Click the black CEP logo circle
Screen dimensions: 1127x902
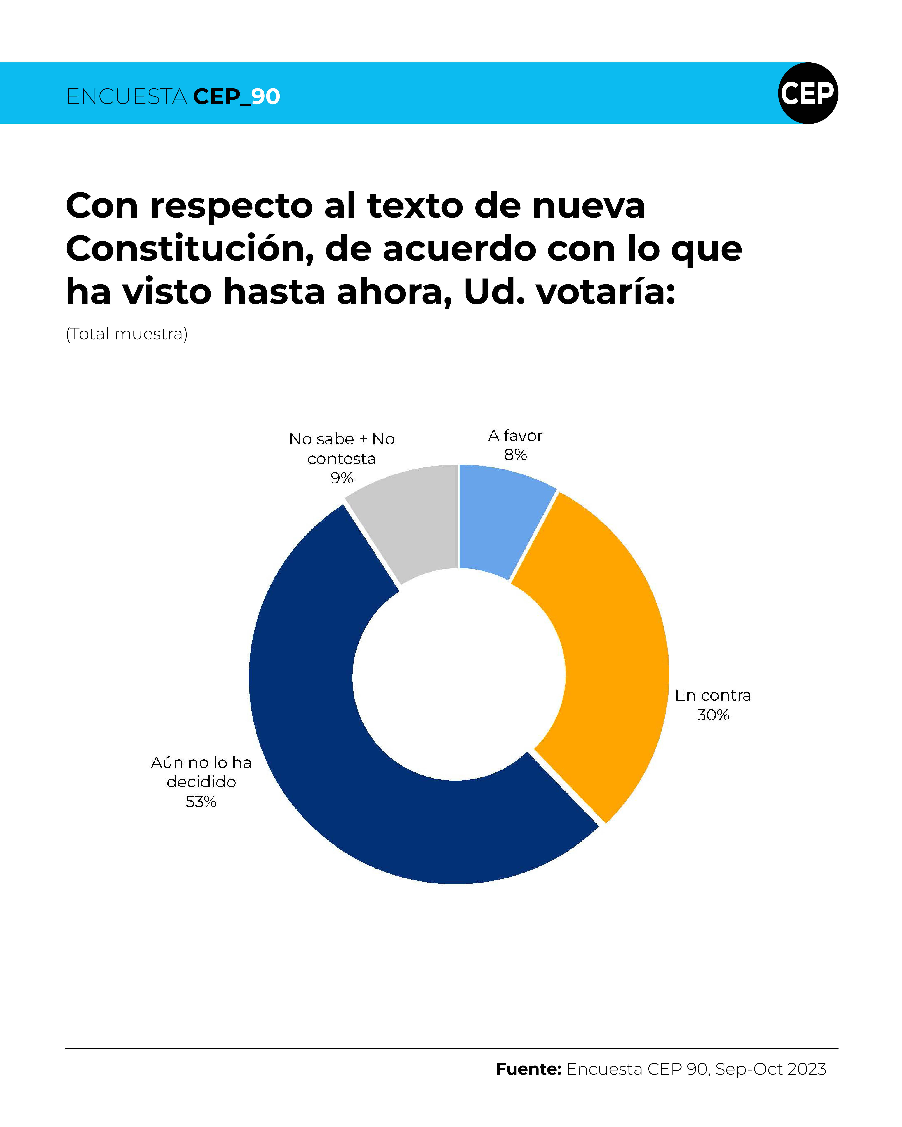tap(808, 93)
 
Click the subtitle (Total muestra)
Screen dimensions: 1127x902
tap(126, 334)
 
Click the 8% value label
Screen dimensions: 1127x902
tap(515, 455)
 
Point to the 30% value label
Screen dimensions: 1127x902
tap(713, 715)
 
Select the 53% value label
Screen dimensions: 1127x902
tap(201, 801)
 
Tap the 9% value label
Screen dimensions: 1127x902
tap(341, 478)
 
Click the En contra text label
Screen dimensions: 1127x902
tap(713, 695)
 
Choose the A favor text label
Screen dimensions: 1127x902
tap(515, 435)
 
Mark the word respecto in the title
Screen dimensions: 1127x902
tap(231, 206)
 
